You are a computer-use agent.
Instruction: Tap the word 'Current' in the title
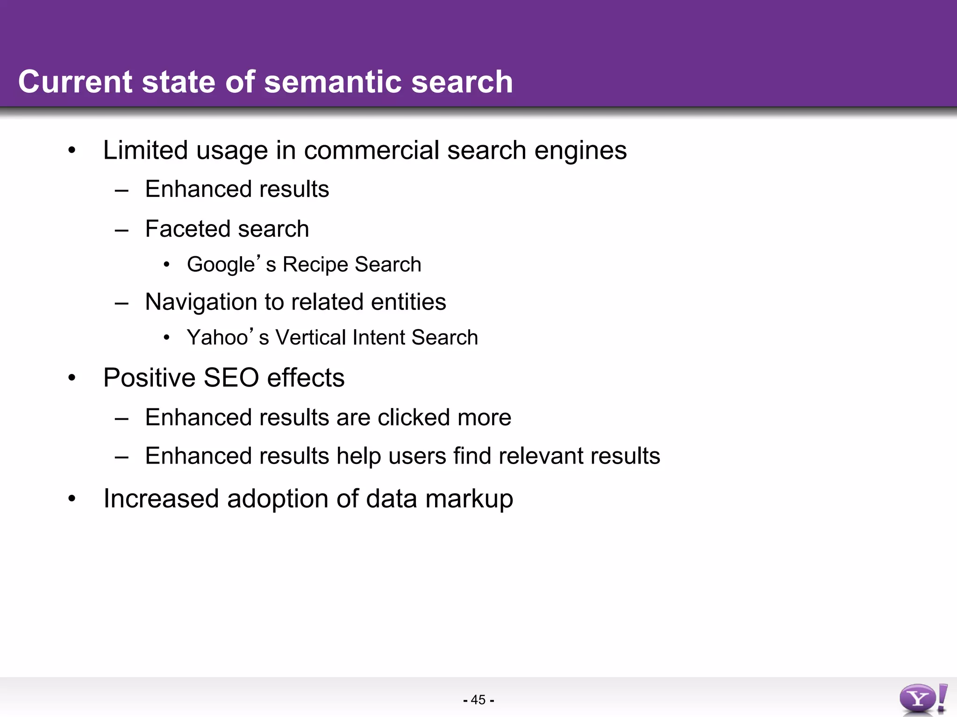tap(75, 82)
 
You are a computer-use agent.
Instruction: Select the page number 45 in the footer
tap(478, 700)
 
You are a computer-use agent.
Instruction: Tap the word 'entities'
tap(408, 302)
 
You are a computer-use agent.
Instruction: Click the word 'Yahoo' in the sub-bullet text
tap(217, 337)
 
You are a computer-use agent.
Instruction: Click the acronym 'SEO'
tap(231, 378)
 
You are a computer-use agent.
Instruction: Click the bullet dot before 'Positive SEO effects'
tap(71, 378)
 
